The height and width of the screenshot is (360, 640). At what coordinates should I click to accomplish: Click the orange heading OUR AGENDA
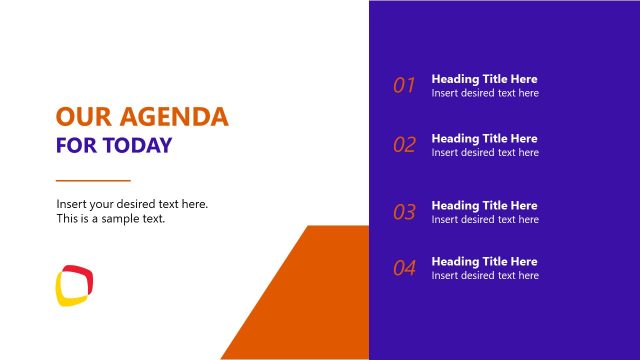(142, 117)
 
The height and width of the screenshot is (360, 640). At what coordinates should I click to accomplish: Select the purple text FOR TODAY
(114, 146)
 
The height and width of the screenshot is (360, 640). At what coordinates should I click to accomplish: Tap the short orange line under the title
(93, 181)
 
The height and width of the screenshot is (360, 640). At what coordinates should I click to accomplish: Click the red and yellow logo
(75, 284)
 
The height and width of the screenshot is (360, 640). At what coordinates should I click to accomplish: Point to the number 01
(404, 86)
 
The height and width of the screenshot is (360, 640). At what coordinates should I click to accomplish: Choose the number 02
(404, 145)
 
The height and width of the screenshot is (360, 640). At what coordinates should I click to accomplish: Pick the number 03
(404, 212)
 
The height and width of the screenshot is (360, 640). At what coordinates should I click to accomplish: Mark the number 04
(404, 268)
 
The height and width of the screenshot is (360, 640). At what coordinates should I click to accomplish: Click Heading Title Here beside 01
(484, 79)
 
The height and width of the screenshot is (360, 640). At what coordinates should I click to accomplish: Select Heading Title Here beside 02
(484, 138)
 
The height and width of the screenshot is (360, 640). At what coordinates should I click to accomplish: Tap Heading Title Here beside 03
(484, 205)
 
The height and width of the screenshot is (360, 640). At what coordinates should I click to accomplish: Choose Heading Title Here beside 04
(484, 261)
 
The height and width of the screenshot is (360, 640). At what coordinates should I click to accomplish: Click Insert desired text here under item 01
(485, 93)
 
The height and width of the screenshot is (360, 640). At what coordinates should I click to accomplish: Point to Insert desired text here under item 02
(485, 152)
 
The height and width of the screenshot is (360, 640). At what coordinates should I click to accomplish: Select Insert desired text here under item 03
(485, 219)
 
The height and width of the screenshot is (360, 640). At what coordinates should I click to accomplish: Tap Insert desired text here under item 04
(485, 275)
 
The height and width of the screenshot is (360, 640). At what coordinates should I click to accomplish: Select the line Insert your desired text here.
(132, 204)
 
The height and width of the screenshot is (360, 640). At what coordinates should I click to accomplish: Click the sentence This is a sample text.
(110, 218)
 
